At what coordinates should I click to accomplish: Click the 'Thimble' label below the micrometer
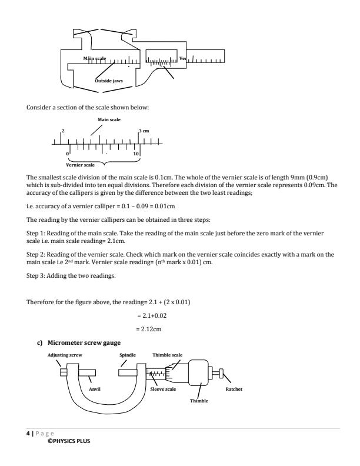coord(198,400)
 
